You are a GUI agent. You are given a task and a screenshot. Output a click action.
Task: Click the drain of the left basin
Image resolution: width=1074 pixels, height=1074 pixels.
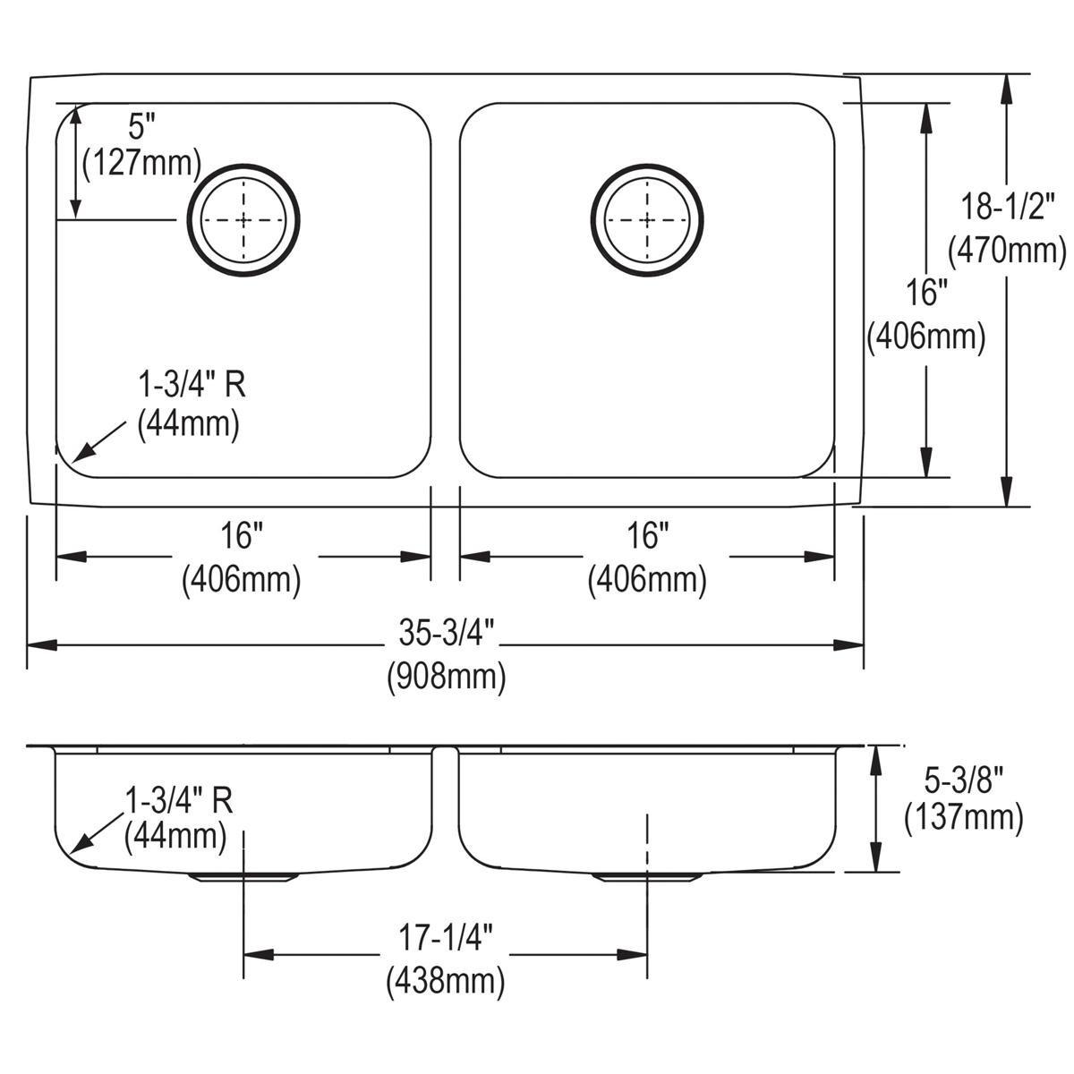coord(243,219)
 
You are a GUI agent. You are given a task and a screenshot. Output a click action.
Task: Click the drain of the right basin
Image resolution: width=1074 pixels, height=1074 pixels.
coord(646,219)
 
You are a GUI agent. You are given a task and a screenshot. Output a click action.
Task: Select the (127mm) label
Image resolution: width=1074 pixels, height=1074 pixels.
coord(141,162)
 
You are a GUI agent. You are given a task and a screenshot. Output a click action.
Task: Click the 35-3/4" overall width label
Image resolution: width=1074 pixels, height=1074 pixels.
coord(445,634)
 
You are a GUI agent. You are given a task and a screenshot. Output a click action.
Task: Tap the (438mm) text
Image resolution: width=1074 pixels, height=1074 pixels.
coord(446,982)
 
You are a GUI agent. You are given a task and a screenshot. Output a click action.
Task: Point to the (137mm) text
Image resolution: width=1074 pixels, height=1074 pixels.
coord(964,818)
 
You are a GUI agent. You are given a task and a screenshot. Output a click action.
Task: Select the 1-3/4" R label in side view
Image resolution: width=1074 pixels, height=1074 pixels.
coord(178,798)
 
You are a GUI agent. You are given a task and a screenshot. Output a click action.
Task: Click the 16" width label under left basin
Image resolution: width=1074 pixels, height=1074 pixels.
coord(242,537)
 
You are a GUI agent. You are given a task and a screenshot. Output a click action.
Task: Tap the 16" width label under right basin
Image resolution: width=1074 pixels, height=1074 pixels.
coord(646,537)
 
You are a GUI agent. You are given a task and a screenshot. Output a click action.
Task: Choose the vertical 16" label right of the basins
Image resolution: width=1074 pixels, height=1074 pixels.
coord(925,293)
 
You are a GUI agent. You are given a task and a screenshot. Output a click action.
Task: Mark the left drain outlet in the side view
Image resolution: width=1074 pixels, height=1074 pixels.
coord(243,877)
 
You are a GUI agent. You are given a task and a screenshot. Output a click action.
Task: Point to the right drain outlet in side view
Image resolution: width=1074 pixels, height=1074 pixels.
coord(646,877)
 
